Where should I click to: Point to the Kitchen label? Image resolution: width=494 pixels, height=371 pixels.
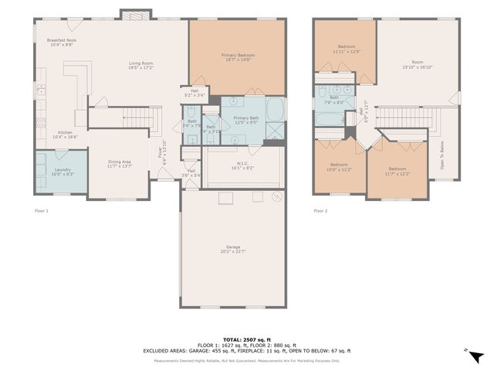pyautogui.click(x=66, y=134)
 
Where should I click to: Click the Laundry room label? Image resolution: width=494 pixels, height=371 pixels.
pyautogui.click(x=61, y=172)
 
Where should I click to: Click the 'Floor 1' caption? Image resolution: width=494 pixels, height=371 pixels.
pyautogui.click(x=42, y=210)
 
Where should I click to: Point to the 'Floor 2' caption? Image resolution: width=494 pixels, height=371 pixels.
pyautogui.click(x=320, y=210)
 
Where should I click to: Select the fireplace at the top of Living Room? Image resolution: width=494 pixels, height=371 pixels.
pyautogui.click(x=131, y=15)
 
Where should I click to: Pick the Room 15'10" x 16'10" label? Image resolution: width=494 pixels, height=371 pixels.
pyautogui.click(x=418, y=64)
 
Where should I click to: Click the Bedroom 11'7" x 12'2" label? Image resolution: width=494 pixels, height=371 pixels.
pyautogui.click(x=398, y=171)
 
